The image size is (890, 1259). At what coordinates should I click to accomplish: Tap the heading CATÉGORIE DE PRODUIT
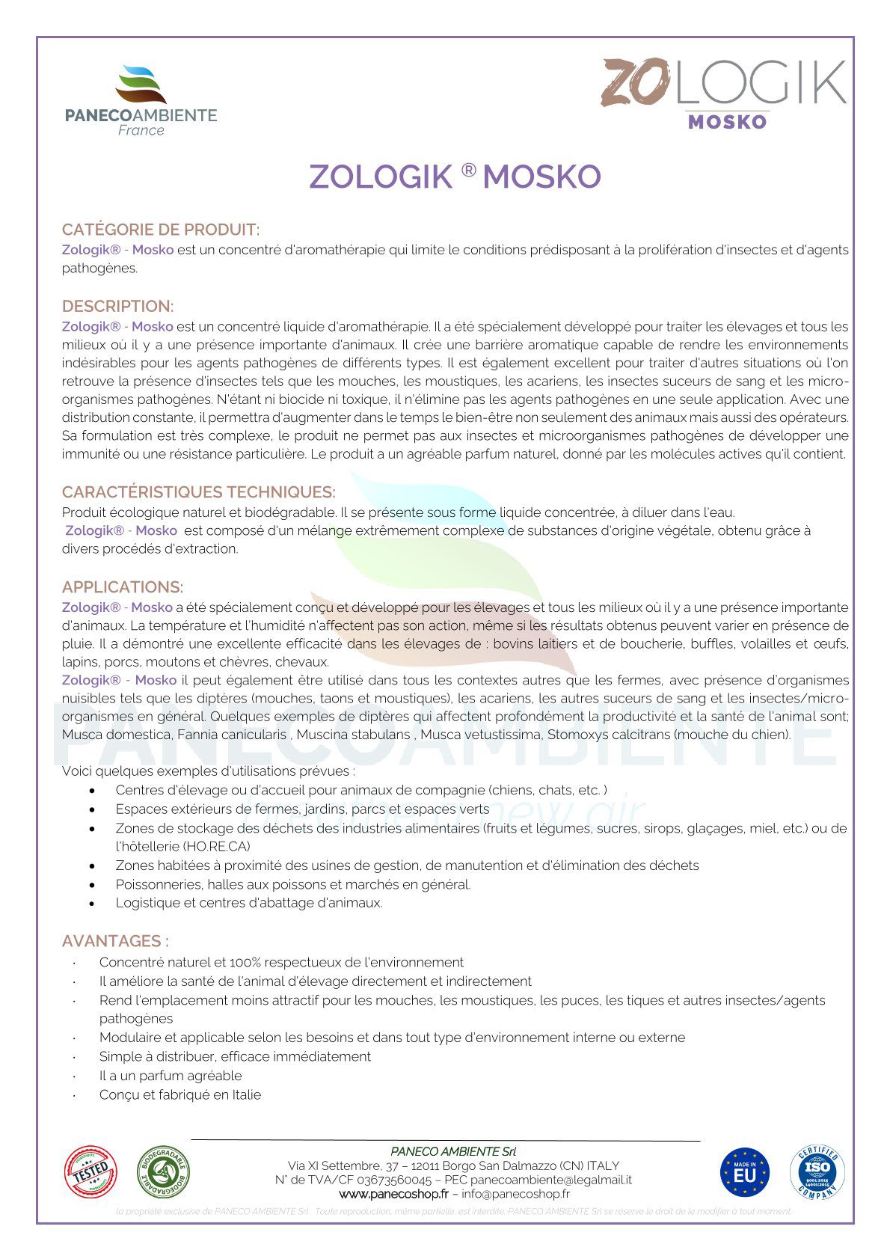[x=161, y=230]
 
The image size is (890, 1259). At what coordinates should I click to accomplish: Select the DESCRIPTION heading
[x=117, y=307]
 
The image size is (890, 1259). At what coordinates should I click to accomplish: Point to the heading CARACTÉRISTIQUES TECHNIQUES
[x=198, y=492]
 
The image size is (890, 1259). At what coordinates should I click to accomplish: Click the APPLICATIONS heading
[x=123, y=587]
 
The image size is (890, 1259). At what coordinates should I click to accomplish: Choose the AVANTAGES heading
[x=115, y=941]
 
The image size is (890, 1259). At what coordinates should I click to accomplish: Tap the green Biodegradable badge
[x=162, y=1171]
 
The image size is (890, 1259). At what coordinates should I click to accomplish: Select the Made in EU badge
[x=745, y=1172]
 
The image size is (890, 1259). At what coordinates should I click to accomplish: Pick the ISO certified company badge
[x=817, y=1172]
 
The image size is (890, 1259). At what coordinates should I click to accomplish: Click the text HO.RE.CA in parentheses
[x=217, y=847]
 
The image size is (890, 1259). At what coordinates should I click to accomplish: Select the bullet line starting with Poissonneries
[x=292, y=884]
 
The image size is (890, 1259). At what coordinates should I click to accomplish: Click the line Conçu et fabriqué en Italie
[x=180, y=1094]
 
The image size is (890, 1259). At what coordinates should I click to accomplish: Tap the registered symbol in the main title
[x=468, y=171]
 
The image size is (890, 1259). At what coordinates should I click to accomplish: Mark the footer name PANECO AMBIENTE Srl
[x=453, y=1151]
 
